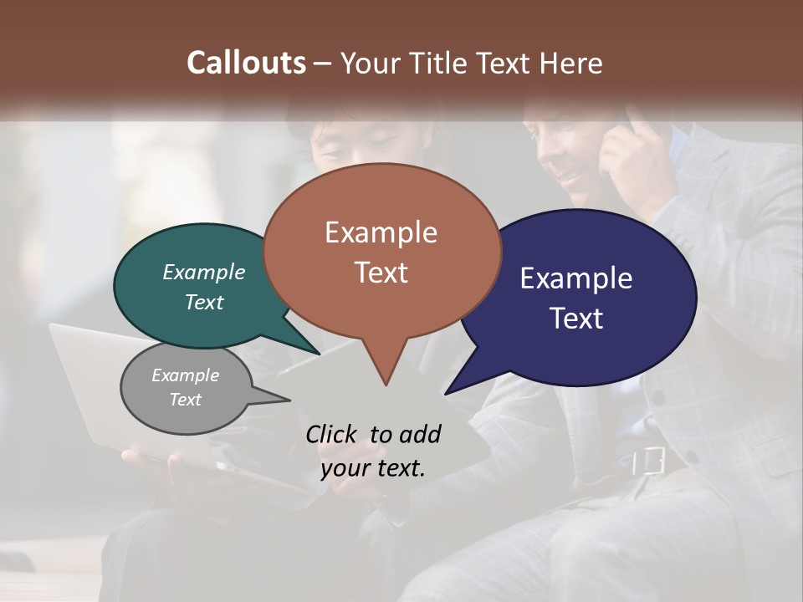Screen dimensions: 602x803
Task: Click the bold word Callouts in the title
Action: pos(246,63)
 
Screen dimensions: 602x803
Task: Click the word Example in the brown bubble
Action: pos(381,232)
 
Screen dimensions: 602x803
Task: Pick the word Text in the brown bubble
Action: pos(381,273)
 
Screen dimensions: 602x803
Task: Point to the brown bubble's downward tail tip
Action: pos(386,384)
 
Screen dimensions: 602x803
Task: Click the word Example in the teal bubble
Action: pos(204,273)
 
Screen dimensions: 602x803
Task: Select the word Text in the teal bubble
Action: pos(204,303)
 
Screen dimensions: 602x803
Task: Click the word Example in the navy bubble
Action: pos(576,278)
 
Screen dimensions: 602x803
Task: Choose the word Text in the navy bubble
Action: pos(576,319)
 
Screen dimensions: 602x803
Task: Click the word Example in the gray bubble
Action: pos(185,375)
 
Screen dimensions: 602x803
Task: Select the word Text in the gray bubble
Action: pos(185,400)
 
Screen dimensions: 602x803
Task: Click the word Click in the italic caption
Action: pos(332,435)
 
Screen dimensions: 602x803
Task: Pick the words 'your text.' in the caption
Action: pos(373,468)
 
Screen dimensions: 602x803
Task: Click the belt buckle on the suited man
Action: pos(648,461)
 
